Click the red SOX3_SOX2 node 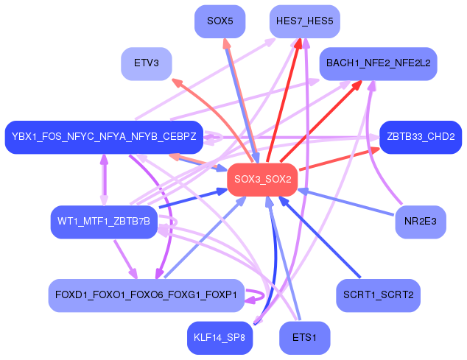(262, 180)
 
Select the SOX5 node (220, 21)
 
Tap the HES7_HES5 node (305, 21)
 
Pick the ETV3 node (147, 64)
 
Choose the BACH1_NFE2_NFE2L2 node (379, 64)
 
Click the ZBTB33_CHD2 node (421, 137)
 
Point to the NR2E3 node (421, 222)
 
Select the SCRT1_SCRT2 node (379, 295)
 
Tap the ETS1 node (305, 338)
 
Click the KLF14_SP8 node (220, 338)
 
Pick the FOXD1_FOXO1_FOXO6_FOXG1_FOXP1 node (147, 295)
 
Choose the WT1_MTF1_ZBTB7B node (104, 222)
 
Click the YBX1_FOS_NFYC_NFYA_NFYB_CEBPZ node (104, 137)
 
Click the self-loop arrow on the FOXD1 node (263, 296)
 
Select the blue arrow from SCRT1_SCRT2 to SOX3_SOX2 (320, 237)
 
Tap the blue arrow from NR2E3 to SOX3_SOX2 (346, 202)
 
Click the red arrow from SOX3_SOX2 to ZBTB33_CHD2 (339, 159)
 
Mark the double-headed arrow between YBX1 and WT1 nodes (104, 180)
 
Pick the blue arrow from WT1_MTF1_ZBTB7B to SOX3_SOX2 (193, 198)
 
